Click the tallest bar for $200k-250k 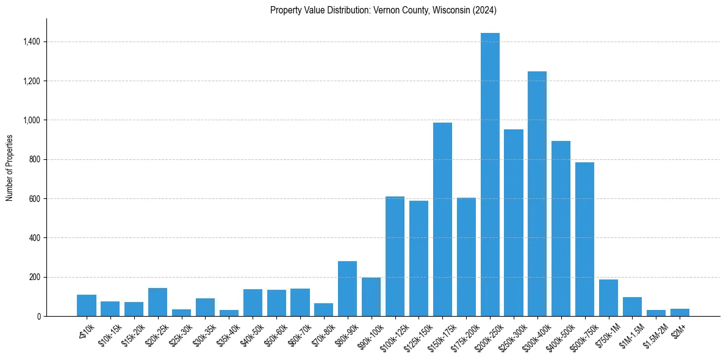(490, 175)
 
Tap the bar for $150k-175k (442, 219)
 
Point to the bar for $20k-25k (157, 302)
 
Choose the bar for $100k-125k (395, 256)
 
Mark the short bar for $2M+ (680, 312)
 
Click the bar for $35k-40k (229, 313)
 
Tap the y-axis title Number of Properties (10, 167)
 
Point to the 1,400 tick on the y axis (31, 42)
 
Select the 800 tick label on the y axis (34, 159)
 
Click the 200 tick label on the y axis (34, 277)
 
